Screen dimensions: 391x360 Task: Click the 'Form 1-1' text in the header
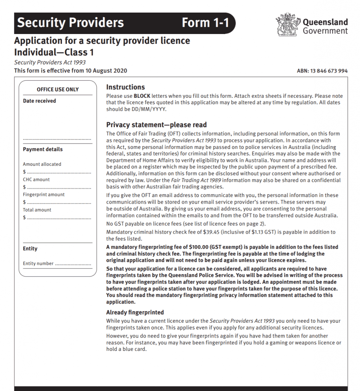pos(205,23)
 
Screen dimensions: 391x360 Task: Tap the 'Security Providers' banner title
pos(71,23)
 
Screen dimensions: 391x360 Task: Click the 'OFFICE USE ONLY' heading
pos(58,89)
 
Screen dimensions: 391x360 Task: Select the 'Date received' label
pos(39,101)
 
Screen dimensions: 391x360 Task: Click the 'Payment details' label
pos(43,149)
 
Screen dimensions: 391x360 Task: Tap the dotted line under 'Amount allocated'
pos(59,172)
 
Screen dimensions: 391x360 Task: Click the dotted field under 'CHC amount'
pos(59,187)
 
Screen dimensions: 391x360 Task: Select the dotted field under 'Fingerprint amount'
pos(59,202)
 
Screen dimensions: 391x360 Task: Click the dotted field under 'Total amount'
pos(59,218)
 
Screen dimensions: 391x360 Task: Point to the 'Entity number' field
pos(73,263)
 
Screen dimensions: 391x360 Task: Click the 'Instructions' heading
pos(125,87)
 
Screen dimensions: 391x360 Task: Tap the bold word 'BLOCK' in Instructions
pos(142,96)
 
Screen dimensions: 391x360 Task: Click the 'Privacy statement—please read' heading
pos(156,125)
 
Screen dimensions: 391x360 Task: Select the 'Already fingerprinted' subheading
pos(135,312)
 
